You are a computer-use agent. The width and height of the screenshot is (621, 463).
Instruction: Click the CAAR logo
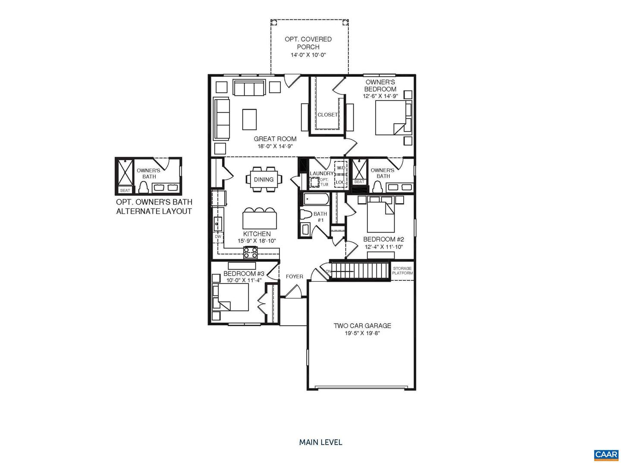(x=606, y=454)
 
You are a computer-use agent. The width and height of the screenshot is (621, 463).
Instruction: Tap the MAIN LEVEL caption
(x=320, y=442)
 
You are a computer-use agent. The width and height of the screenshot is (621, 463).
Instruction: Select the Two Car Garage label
(x=362, y=326)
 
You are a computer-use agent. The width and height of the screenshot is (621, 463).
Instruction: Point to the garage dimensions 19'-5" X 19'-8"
(x=362, y=333)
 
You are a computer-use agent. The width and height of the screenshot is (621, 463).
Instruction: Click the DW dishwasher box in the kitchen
(x=218, y=236)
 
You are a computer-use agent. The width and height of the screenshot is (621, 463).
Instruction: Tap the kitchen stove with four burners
(x=251, y=252)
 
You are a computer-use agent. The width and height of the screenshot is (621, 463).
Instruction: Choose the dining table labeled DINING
(x=263, y=179)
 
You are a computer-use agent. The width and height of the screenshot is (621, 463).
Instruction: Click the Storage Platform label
(x=402, y=271)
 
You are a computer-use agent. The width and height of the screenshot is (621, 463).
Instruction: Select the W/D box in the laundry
(x=341, y=168)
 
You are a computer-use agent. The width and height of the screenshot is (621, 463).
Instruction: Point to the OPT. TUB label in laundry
(x=324, y=182)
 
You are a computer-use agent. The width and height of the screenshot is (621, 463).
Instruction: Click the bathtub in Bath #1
(x=316, y=199)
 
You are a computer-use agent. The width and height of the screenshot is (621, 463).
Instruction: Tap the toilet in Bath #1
(x=306, y=215)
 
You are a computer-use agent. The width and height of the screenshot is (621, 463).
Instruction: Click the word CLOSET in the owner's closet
(x=328, y=115)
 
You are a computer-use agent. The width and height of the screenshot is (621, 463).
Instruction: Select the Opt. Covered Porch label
(x=308, y=43)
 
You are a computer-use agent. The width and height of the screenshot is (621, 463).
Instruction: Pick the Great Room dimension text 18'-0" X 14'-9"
(x=275, y=146)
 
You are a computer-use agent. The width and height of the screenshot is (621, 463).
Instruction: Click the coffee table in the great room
(x=249, y=119)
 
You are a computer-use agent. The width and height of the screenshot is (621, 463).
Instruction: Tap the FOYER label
(x=295, y=276)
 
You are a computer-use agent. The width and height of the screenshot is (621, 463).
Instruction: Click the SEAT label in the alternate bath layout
(x=125, y=190)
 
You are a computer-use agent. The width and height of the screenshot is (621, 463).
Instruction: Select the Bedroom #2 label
(x=383, y=239)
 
